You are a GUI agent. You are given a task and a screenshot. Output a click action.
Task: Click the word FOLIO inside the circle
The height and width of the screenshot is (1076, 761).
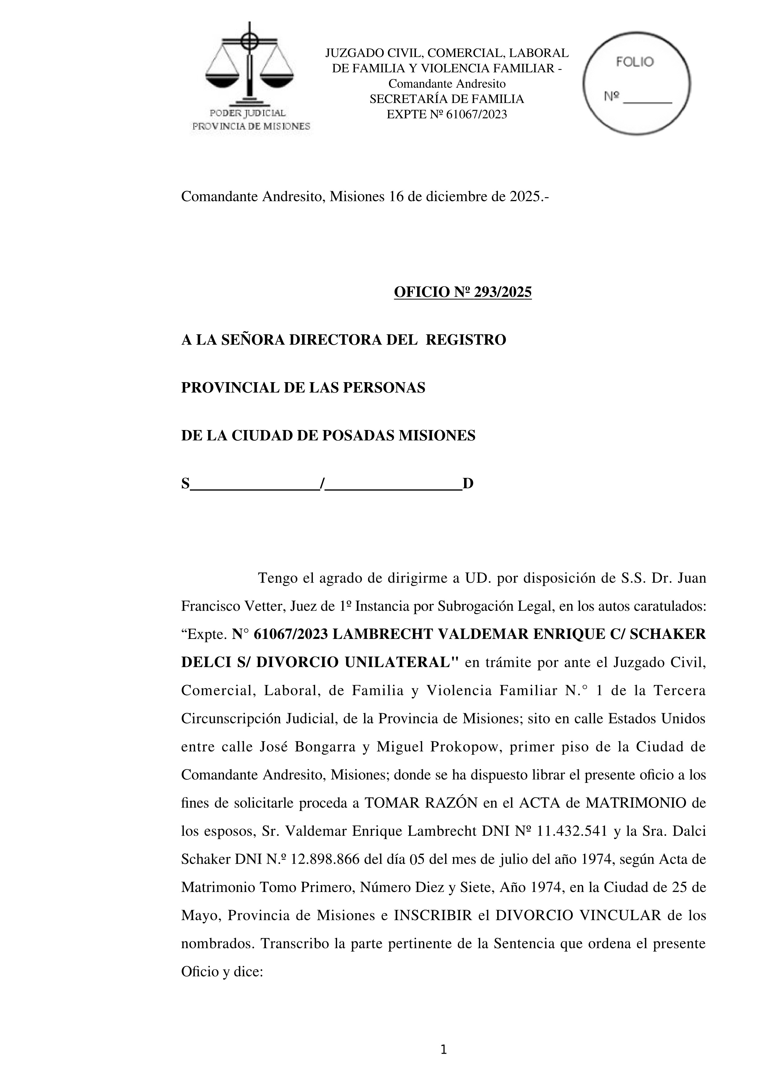pyautogui.click(x=635, y=62)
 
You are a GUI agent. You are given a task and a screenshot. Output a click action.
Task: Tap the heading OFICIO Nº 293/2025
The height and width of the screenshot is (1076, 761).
pyautogui.click(x=463, y=292)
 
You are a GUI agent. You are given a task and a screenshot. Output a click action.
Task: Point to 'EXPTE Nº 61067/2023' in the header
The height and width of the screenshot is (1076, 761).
pyautogui.click(x=447, y=115)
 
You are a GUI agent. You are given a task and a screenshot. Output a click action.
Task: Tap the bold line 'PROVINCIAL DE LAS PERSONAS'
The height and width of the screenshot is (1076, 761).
pyautogui.click(x=303, y=388)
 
